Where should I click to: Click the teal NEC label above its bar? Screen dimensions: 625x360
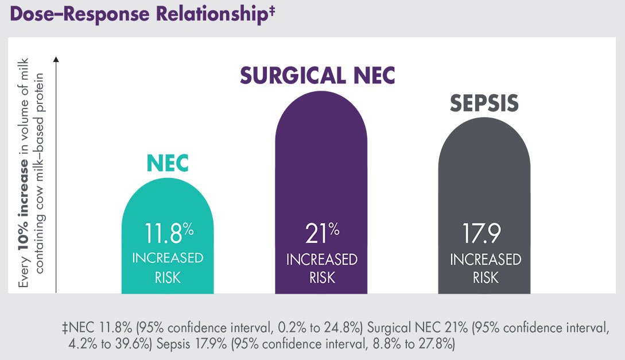(168, 163)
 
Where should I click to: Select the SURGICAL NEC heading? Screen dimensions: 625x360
(317, 75)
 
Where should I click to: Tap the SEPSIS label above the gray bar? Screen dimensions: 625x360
(484, 103)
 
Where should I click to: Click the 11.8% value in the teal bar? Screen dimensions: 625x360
(169, 234)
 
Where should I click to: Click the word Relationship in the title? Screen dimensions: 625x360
(212, 14)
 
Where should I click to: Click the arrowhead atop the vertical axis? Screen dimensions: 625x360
(56, 59)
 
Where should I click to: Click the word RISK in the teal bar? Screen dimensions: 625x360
(168, 277)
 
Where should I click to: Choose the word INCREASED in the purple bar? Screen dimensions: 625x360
(321, 260)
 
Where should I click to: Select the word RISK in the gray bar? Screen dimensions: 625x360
(486, 277)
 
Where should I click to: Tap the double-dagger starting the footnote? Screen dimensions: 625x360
(65, 328)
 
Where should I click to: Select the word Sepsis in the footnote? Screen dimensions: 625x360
(173, 344)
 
